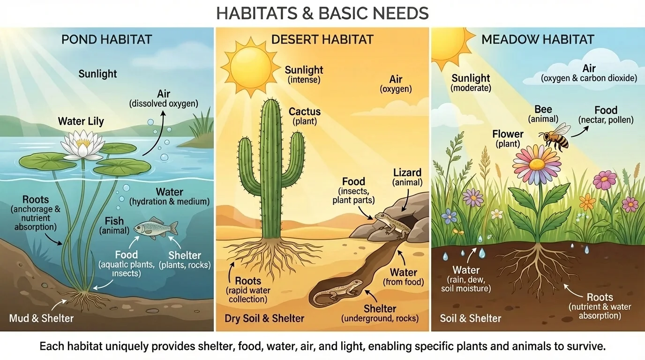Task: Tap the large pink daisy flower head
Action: (537, 163)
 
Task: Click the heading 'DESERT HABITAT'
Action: (322, 39)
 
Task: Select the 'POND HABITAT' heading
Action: (107, 39)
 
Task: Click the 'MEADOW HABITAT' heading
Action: (538, 39)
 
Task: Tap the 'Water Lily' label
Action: (81, 121)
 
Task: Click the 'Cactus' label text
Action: (305, 112)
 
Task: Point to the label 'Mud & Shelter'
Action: (41, 318)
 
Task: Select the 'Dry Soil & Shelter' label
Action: (264, 319)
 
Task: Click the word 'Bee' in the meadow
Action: (543, 110)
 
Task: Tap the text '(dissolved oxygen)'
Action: (164, 104)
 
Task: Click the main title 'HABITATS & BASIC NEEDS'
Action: (322, 13)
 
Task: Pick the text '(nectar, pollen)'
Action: (606, 120)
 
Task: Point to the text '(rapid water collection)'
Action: (247, 294)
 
